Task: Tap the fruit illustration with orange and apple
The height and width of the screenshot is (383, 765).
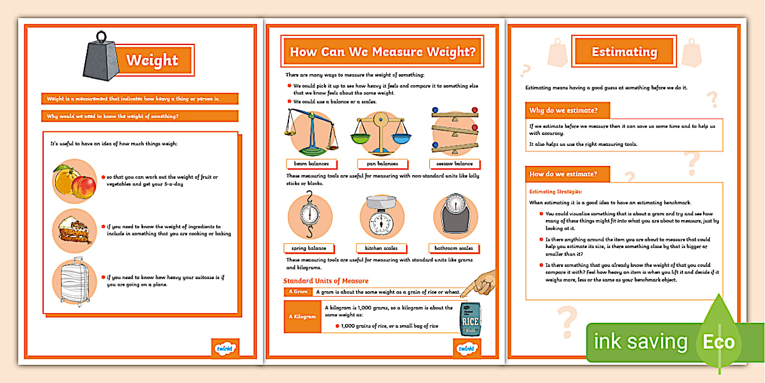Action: pos(74,181)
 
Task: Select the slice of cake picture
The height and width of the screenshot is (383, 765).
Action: pos(73,232)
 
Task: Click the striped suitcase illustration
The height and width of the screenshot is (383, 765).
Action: pos(73,283)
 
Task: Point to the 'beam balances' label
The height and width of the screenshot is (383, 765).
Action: pos(311,164)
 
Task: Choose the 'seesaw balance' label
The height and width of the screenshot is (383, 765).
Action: pos(455,164)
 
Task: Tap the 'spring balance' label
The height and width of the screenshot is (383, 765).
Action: pos(309,248)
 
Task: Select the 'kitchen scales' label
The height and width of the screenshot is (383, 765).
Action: pos(381,248)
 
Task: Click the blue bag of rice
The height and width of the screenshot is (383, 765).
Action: pos(471,318)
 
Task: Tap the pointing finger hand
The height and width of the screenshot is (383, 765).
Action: pos(478,283)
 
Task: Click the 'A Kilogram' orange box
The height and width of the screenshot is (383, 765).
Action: pos(302,317)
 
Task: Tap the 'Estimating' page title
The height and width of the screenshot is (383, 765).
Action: pos(624,52)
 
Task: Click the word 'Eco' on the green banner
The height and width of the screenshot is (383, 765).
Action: pos(719,342)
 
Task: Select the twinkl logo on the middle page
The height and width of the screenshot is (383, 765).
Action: pos(466,348)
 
